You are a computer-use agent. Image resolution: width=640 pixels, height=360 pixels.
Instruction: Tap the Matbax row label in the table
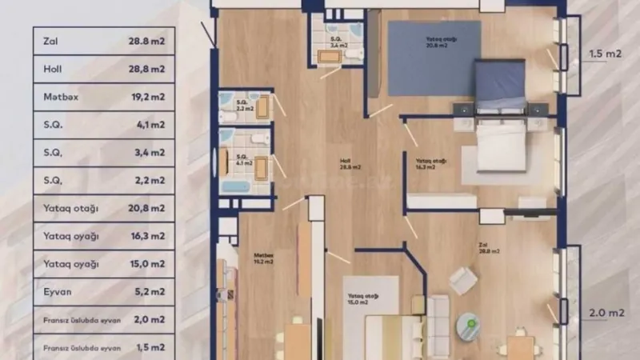click(x=61, y=97)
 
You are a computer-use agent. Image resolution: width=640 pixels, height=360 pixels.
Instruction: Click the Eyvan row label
click(x=58, y=293)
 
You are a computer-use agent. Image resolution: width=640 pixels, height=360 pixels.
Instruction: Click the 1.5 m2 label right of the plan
click(x=606, y=55)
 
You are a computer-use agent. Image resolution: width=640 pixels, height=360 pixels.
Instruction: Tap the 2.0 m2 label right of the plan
click(x=606, y=311)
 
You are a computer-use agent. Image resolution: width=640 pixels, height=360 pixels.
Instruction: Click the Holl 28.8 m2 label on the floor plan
click(x=350, y=166)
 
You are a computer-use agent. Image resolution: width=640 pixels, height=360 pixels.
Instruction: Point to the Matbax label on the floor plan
click(x=265, y=258)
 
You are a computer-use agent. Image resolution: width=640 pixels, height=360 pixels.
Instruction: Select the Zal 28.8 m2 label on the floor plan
click(x=489, y=248)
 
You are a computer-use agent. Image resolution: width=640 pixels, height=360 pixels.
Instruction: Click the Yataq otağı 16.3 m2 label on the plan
click(x=426, y=164)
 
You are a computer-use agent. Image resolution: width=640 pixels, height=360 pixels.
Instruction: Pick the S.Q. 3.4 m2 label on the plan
click(x=338, y=42)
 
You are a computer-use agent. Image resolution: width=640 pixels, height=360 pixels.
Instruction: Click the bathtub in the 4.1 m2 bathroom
click(x=236, y=185)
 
